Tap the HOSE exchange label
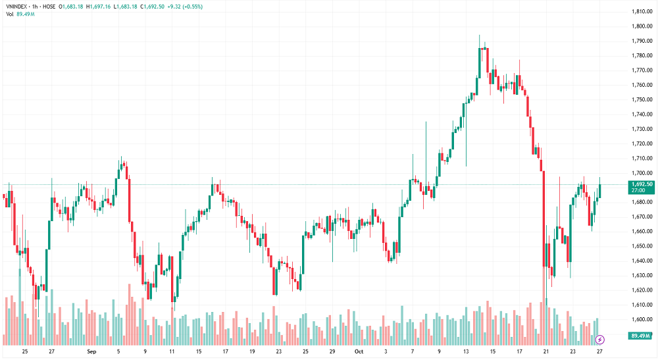point(49,6)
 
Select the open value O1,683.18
point(70,6)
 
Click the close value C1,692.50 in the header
point(153,6)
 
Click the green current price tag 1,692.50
point(641,184)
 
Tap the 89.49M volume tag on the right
point(641,336)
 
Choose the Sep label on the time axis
point(91,352)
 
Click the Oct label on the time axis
point(359,352)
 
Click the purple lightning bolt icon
point(599,340)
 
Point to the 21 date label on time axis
point(546,352)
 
